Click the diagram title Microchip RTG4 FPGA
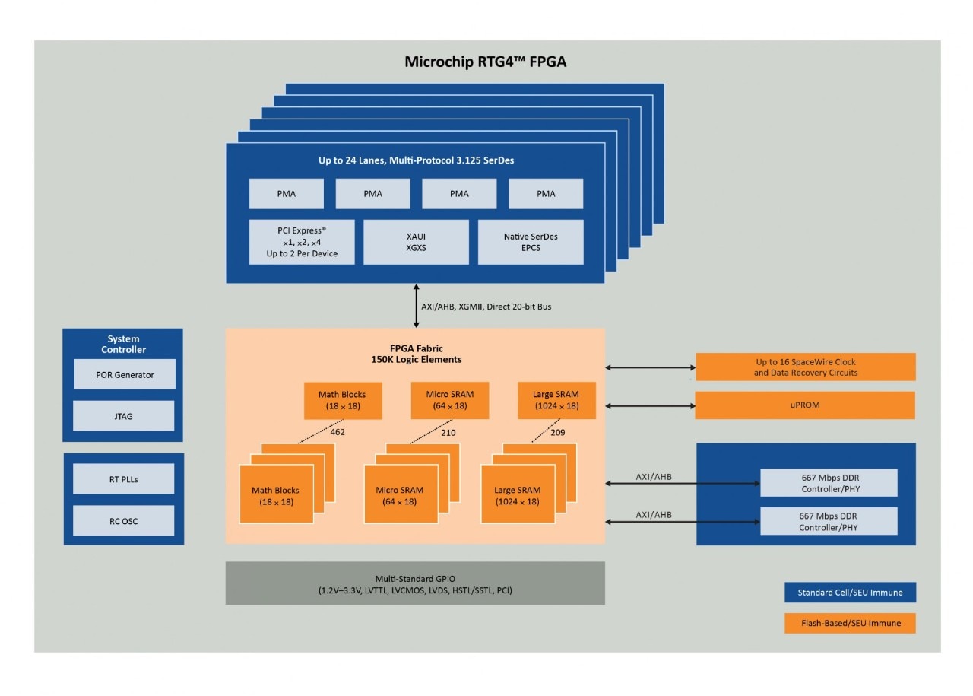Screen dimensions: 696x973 pos(485,62)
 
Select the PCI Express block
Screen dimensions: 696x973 pos(302,242)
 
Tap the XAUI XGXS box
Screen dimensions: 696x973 pos(416,242)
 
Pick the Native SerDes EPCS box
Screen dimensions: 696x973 pos(531,242)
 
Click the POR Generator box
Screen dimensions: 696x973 pos(125,374)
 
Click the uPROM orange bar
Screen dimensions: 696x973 pos(805,405)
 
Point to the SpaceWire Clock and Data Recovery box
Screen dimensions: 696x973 pos(805,367)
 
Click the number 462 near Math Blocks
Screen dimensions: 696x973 pos(338,432)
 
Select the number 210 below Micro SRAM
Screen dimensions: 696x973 pos(448,432)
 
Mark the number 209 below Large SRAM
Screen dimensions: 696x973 pos(557,432)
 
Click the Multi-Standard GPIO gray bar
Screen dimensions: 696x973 pos(415,583)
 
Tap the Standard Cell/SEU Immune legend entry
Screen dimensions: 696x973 pos(849,593)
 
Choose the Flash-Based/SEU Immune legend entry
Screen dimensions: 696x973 pos(849,623)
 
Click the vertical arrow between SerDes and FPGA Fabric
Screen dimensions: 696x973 pos(416,306)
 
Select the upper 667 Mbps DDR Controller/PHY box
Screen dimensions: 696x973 pos(829,483)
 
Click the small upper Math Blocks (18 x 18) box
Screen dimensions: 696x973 pos(343,400)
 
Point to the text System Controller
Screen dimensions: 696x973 pos(123,344)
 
